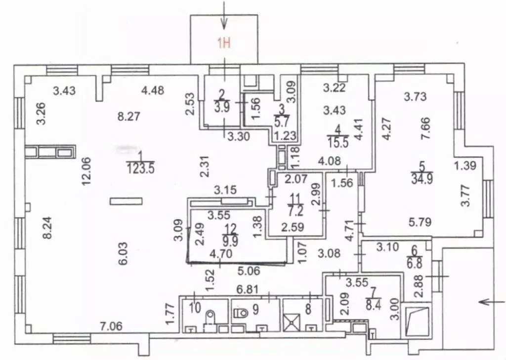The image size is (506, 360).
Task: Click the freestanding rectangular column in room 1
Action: (x=126, y=200)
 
